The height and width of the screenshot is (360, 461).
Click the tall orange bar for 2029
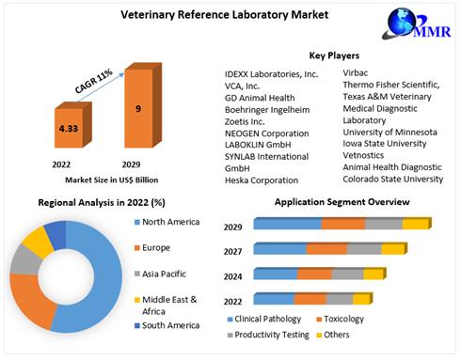tap(138, 108)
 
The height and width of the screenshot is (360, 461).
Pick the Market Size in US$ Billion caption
tap(104, 178)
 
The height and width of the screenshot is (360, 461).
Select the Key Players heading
tap(334, 55)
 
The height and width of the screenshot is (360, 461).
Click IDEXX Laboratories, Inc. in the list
tap(272, 73)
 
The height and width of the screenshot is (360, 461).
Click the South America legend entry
tap(170, 325)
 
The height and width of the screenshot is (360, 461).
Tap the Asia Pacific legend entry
tap(167, 274)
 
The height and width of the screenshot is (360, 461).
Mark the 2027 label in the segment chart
tap(233, 252)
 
